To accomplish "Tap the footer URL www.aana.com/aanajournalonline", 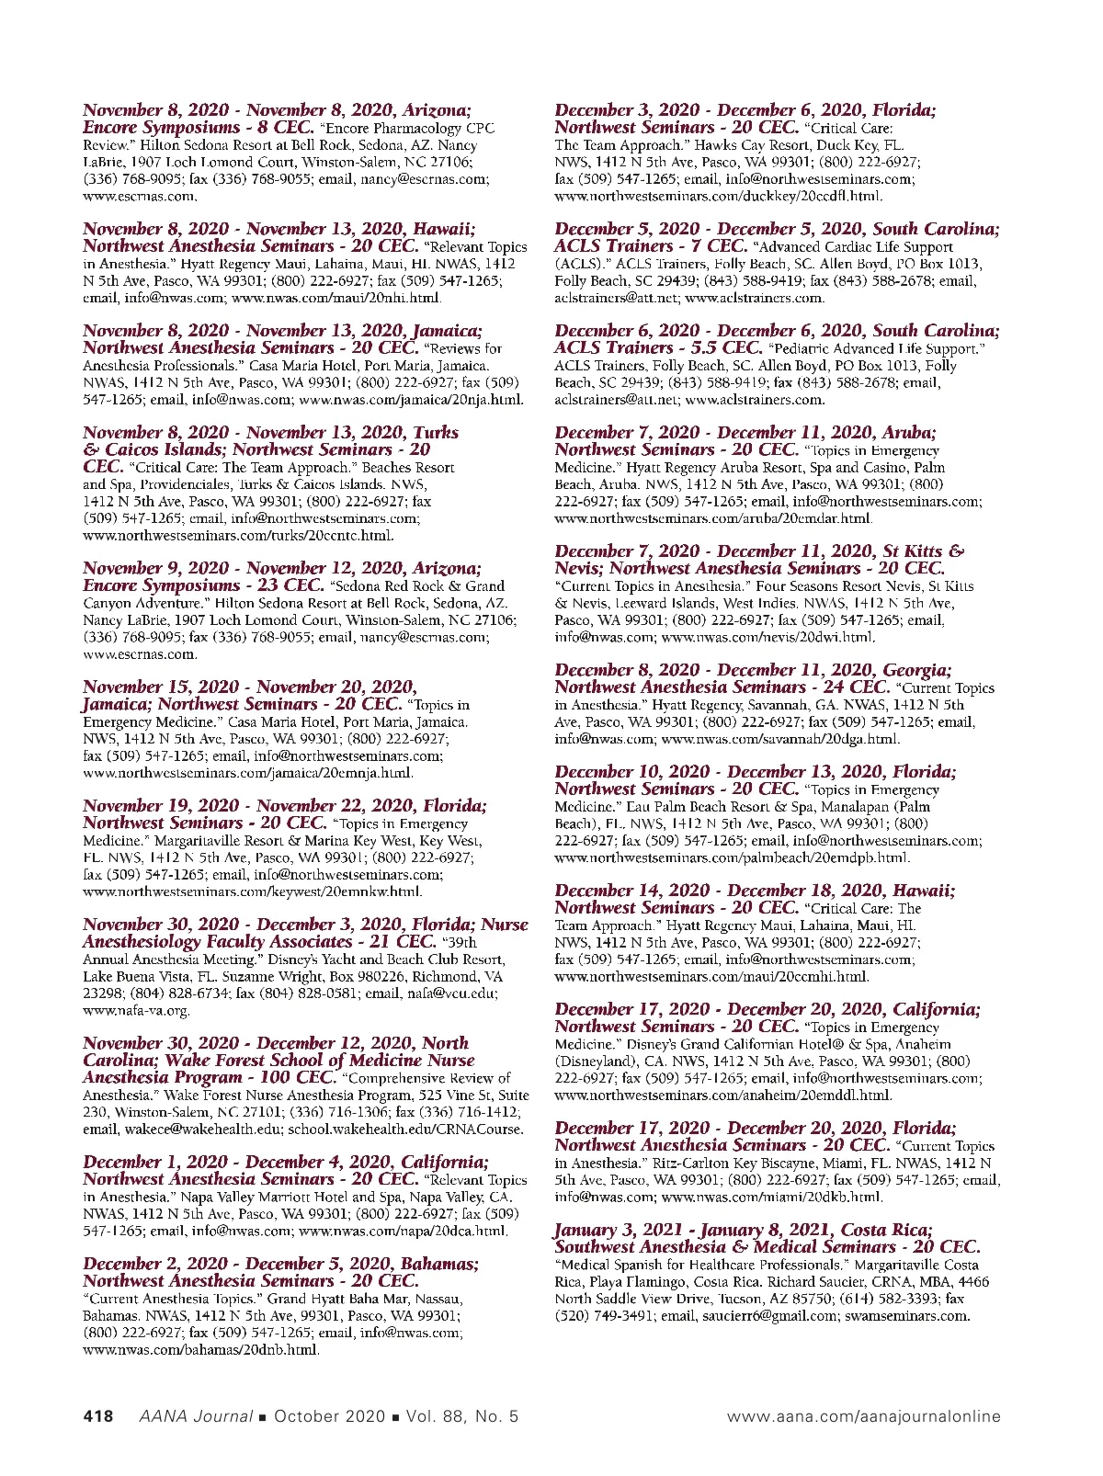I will point(863,1416).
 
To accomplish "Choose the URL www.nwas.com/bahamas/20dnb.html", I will point(200,1350).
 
